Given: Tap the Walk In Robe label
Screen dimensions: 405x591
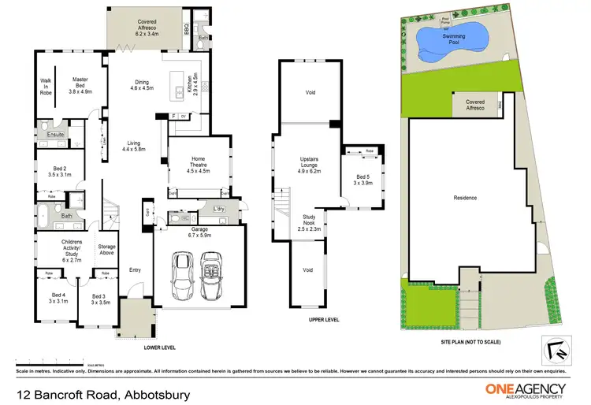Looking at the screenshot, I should coord(46,86).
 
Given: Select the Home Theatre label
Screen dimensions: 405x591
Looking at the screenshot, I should coord(197,166).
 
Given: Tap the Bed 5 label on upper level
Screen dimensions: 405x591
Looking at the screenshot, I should coord(362,179).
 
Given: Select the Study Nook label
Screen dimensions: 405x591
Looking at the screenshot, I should coord(308,225).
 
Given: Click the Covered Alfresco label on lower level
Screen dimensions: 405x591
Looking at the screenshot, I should coord(146,28).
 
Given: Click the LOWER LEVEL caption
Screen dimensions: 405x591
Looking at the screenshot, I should coord(159,347).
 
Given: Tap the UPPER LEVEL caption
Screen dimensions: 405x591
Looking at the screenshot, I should coord(323,320).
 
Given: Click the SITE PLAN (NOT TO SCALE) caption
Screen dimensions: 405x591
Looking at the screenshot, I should coord(470,341).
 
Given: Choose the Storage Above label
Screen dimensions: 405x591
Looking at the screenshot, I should coord(107,250).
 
